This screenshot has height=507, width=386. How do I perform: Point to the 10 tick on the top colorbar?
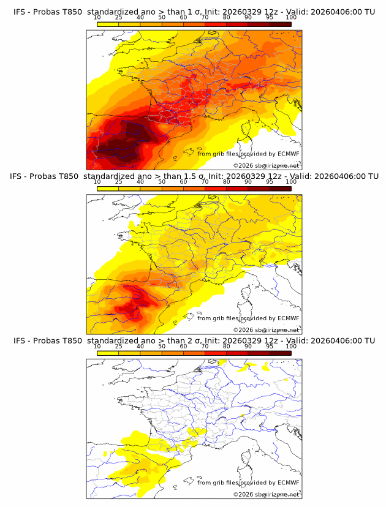click(x=97, y=18)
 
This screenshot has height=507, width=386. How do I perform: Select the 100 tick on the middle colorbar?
click(x=291, y=182)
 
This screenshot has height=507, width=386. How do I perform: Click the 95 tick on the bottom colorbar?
click(x=270, y=346)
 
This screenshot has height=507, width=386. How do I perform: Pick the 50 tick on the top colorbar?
click(x=162, y=18)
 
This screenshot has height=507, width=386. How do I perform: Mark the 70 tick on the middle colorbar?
click(x=205, y=182)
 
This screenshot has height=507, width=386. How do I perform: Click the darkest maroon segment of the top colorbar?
click(x=280, y=24)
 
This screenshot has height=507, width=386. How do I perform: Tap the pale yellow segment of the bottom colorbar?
click(x=107, y=353)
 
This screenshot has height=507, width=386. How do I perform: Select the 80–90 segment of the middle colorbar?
click(x=237, y=189)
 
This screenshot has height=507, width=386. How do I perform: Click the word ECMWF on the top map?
click(x=288, y=154)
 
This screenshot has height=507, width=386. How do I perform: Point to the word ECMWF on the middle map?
click(x=288, y=318)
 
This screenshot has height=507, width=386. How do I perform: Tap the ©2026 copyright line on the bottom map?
click(x=266, y=494)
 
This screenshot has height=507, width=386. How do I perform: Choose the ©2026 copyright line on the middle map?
click(x=266, y=329)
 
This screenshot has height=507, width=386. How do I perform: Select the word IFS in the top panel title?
click(x=20, y=12)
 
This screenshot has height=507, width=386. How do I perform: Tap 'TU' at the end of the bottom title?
click(x=369, y=340)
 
